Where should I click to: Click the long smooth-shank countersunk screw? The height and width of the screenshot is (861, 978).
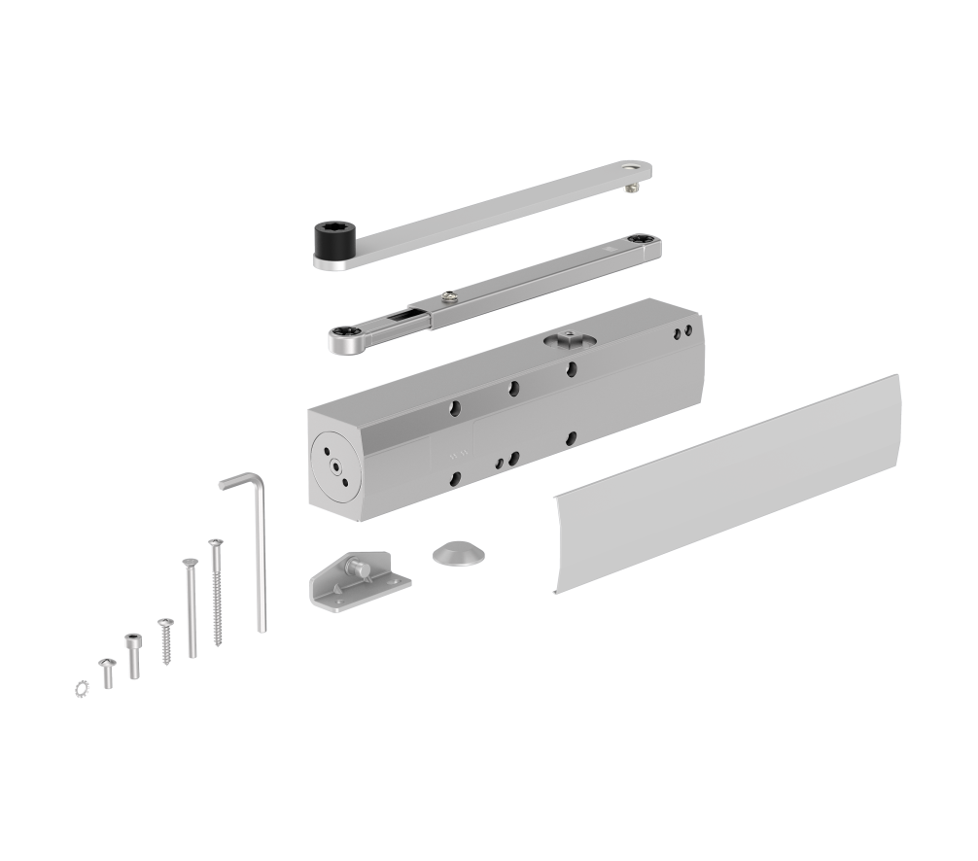tap(191, 606)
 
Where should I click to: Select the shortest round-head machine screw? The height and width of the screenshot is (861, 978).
tap(107, 671)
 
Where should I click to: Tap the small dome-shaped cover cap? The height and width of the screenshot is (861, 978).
tap(456, 552)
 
